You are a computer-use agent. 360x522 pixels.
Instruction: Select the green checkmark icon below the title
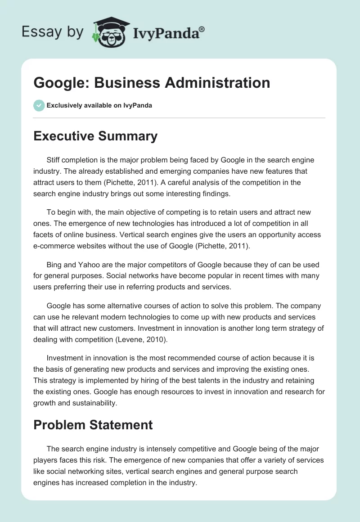click(39, 105)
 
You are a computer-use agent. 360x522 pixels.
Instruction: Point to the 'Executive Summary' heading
click(95, 136)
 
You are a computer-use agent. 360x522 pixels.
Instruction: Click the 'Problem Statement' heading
click(93, 424)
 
